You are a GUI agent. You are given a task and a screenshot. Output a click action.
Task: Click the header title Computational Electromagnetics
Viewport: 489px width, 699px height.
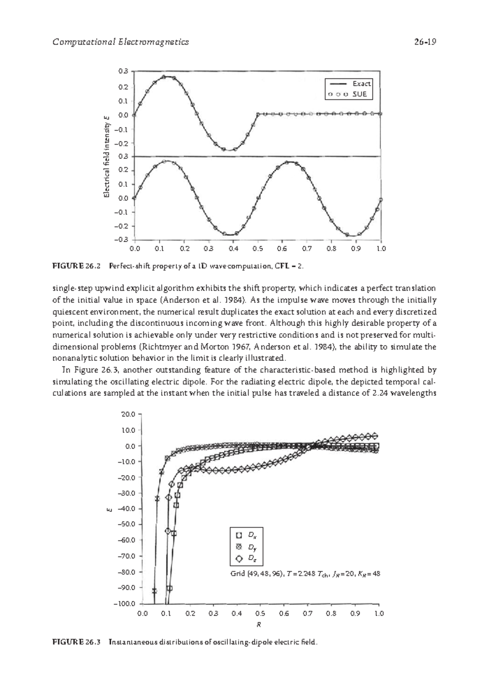(121, 42)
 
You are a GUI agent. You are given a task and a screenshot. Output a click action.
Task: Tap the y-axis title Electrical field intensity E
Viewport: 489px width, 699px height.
(107, 157)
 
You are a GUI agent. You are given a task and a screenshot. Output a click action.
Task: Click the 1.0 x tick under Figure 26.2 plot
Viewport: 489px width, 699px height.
(381, 248)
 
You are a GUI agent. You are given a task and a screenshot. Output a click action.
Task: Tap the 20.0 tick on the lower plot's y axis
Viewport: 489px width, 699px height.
(128, 414)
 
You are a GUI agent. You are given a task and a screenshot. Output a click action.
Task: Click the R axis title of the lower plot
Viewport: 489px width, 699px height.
(259, 625)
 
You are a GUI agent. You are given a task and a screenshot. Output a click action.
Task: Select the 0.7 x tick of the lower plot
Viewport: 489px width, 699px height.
(308, 613)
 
